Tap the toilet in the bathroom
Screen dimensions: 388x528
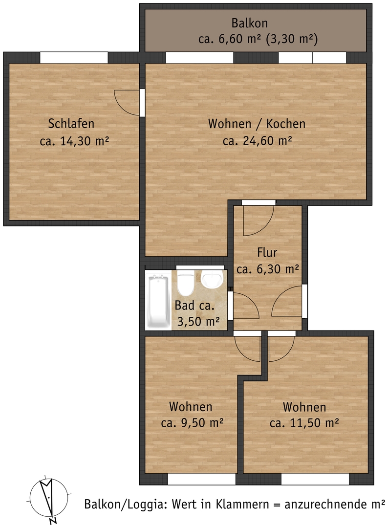pyautogui.click(x=185, y=284)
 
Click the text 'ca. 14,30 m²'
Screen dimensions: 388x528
pyautogui.click(x=74, y=141)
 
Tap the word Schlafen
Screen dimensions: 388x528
pyautogui.click(x=71, y=124)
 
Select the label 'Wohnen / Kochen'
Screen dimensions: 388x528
pyautogui.click(x=257, y=124)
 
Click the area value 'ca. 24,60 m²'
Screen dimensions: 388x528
pyautogui.click(x=258, y=140)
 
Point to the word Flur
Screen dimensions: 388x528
pyautogui.click(x=267, y=252)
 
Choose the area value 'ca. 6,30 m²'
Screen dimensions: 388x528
pyautogui.click(x=268, y=269)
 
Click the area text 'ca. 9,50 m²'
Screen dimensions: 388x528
pyautogui.click(x=193, y=422)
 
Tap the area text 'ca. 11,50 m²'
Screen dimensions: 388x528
pyautogui.click(x=304, y=422)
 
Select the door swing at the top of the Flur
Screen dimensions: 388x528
pyautogui.click(x=259, y=220)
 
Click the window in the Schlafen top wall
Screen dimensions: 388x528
pyautogui.click(x=74, y=58)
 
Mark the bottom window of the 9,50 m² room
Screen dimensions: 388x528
pyautogui.click(x=201, y=479)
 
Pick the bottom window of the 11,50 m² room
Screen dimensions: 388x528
pyautogui.click(x=315, y=479)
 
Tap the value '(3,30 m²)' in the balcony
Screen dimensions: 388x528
pyautogui.click(x=292, y=40)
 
